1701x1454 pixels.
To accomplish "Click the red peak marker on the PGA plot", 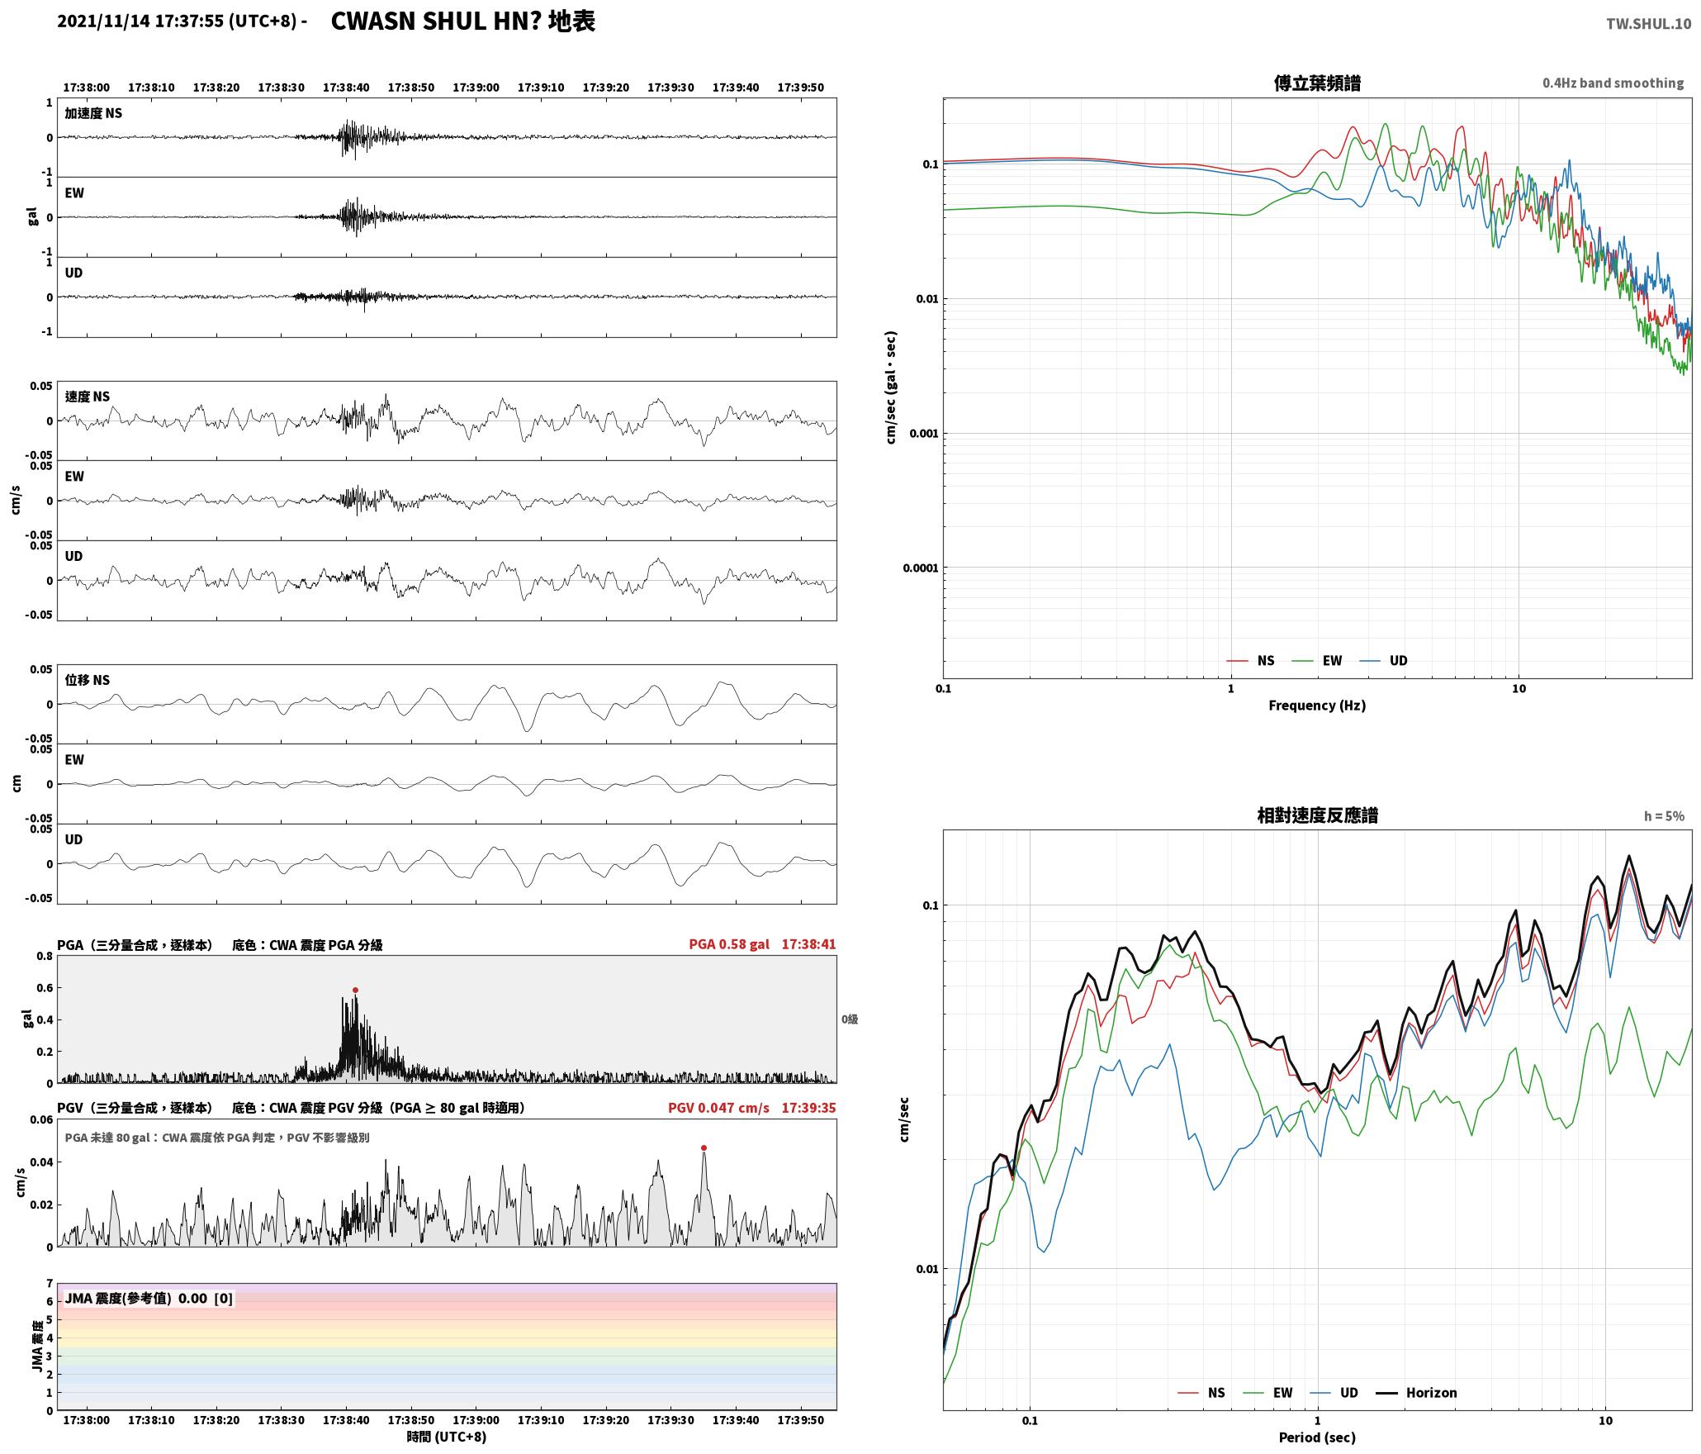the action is pos(355,990).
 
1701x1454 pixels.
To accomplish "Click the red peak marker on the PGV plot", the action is pos(704,1148).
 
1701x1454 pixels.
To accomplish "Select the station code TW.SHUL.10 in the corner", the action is pos(1648,24).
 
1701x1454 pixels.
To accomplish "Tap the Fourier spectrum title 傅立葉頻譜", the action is pos(1317,83).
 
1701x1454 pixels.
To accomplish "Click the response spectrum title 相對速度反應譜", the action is pos(1317,815).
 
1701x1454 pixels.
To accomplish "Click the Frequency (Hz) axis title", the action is pos(1317,705).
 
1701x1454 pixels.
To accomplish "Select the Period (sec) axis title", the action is pos(1317,1437).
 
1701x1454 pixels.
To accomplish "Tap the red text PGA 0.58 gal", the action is pos(729,944).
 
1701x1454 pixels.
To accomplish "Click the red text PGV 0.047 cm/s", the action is pos(718,1107).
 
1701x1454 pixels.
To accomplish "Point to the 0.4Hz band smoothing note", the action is pos(1613,83).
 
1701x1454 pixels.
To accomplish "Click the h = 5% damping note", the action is pos(1664,815).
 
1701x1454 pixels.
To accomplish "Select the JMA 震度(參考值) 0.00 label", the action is pos(136,1298).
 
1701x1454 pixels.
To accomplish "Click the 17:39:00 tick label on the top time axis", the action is pos(476,88).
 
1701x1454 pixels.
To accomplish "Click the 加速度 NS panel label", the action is pos(93,113).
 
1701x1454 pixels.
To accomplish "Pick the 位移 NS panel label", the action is pos(88,680).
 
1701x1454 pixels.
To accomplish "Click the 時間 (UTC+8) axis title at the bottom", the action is pos(447,1437).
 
